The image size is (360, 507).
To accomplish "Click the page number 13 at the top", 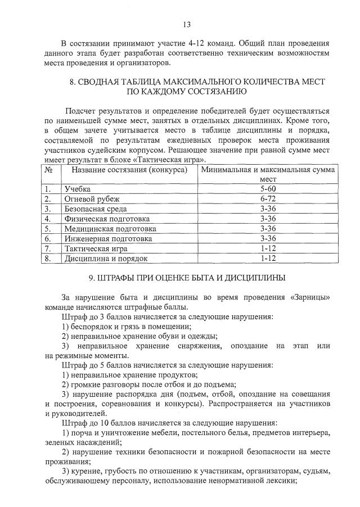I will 187,24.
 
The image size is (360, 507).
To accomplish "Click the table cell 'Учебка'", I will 78,189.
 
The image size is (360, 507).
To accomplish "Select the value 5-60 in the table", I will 268,189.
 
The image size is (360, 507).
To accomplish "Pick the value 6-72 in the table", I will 268,199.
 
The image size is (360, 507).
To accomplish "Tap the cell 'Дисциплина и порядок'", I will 106,259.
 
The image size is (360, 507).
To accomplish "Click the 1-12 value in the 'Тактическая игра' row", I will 268,248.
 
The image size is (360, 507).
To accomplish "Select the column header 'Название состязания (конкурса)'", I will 125,169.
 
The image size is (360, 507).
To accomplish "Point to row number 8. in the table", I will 48,259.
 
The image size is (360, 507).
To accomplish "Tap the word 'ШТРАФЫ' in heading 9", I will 115,278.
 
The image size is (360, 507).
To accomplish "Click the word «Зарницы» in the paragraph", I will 308,297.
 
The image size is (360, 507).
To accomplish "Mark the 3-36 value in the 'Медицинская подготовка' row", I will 268,229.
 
